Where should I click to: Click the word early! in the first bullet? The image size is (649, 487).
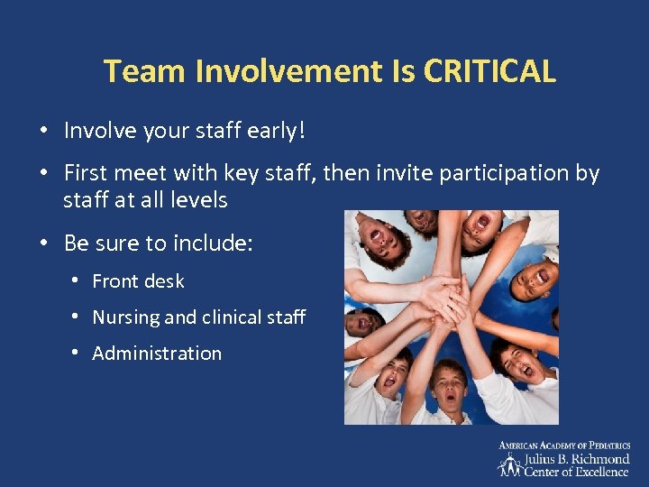coord(275,131)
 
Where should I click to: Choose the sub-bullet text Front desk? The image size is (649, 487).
coord(138,281)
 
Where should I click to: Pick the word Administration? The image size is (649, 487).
coord(157,354)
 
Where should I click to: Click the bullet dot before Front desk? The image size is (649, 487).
coord(75,281)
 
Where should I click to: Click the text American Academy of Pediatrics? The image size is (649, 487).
coord(564,446)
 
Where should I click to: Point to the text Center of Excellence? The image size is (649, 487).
coord(577,472)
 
